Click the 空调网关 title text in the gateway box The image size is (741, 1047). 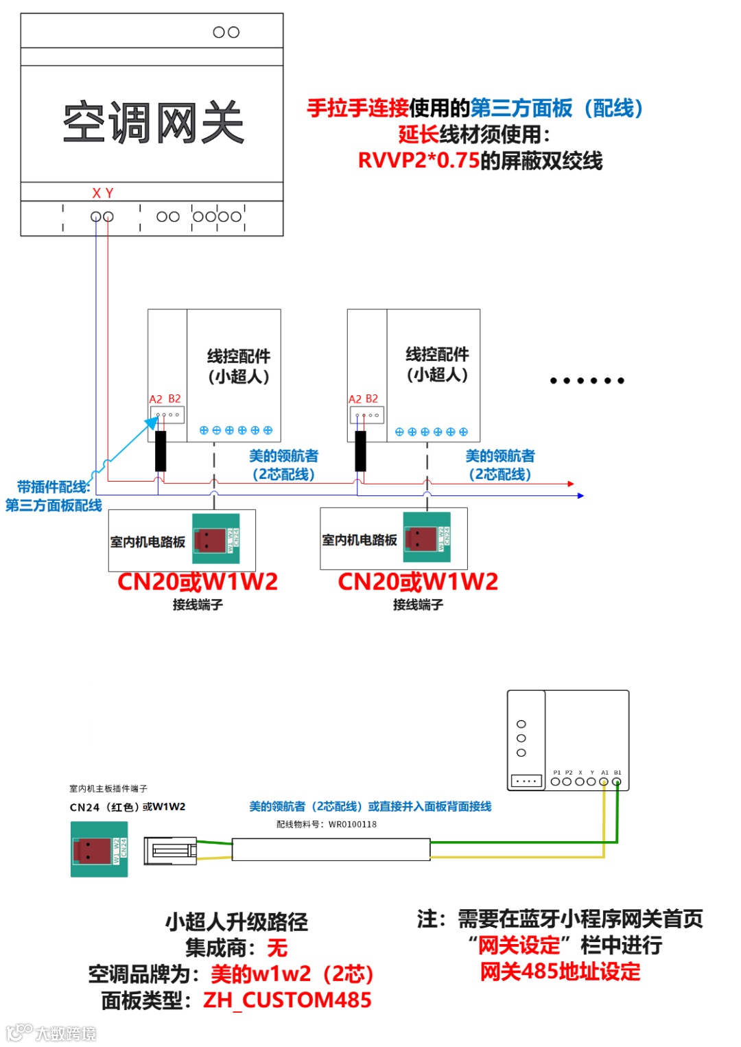(x=153, y=123)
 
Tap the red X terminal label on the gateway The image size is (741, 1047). (x=97, y=193)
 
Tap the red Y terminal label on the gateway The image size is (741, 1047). (x=110, y=193)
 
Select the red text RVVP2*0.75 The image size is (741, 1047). (x=419, y=161)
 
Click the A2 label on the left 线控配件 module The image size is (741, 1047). (x=156, y=399)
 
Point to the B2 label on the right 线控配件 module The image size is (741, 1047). (x=372, y=399)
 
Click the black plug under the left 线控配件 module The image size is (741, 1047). (x=161, y=451)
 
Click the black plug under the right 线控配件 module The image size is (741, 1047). (x=360, y=451)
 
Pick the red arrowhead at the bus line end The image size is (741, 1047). (x=571, y=484)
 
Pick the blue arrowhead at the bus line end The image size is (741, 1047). (x=580, y=495)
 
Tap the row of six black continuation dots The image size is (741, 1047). (x=587, y=381)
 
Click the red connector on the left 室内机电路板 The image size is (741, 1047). (x=210, y=540)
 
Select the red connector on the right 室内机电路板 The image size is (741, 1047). (x=421, y=538)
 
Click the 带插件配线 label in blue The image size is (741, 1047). (x=54, y=487)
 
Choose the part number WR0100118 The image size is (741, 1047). (x=353, y=825)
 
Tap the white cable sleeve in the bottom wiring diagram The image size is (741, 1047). (x=331, y=849)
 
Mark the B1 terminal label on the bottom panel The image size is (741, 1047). (x=617, y=773)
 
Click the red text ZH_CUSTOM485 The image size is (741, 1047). (x=287, y=1000)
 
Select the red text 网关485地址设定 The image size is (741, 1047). (x=560, y=972)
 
